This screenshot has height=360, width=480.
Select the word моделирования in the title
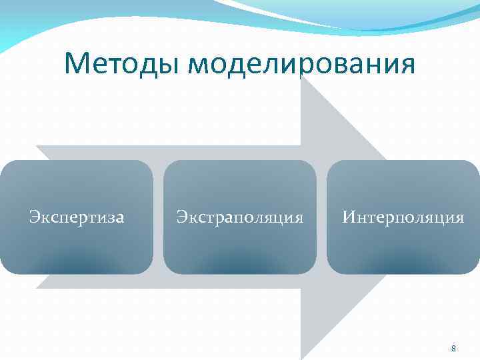301,65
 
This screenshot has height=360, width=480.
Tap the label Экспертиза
77,217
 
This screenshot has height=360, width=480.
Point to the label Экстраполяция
240,217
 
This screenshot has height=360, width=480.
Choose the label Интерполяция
403,217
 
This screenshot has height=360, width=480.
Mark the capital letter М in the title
77,64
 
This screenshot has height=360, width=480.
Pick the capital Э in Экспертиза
33,217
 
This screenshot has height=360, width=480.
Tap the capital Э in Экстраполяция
181,217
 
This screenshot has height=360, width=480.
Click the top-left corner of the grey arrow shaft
37,146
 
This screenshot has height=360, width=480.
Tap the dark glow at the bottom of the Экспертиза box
77,264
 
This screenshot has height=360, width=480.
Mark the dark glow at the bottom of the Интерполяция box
403,264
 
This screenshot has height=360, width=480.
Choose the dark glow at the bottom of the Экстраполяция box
240,264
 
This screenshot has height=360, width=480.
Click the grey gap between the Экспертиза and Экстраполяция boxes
158,217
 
